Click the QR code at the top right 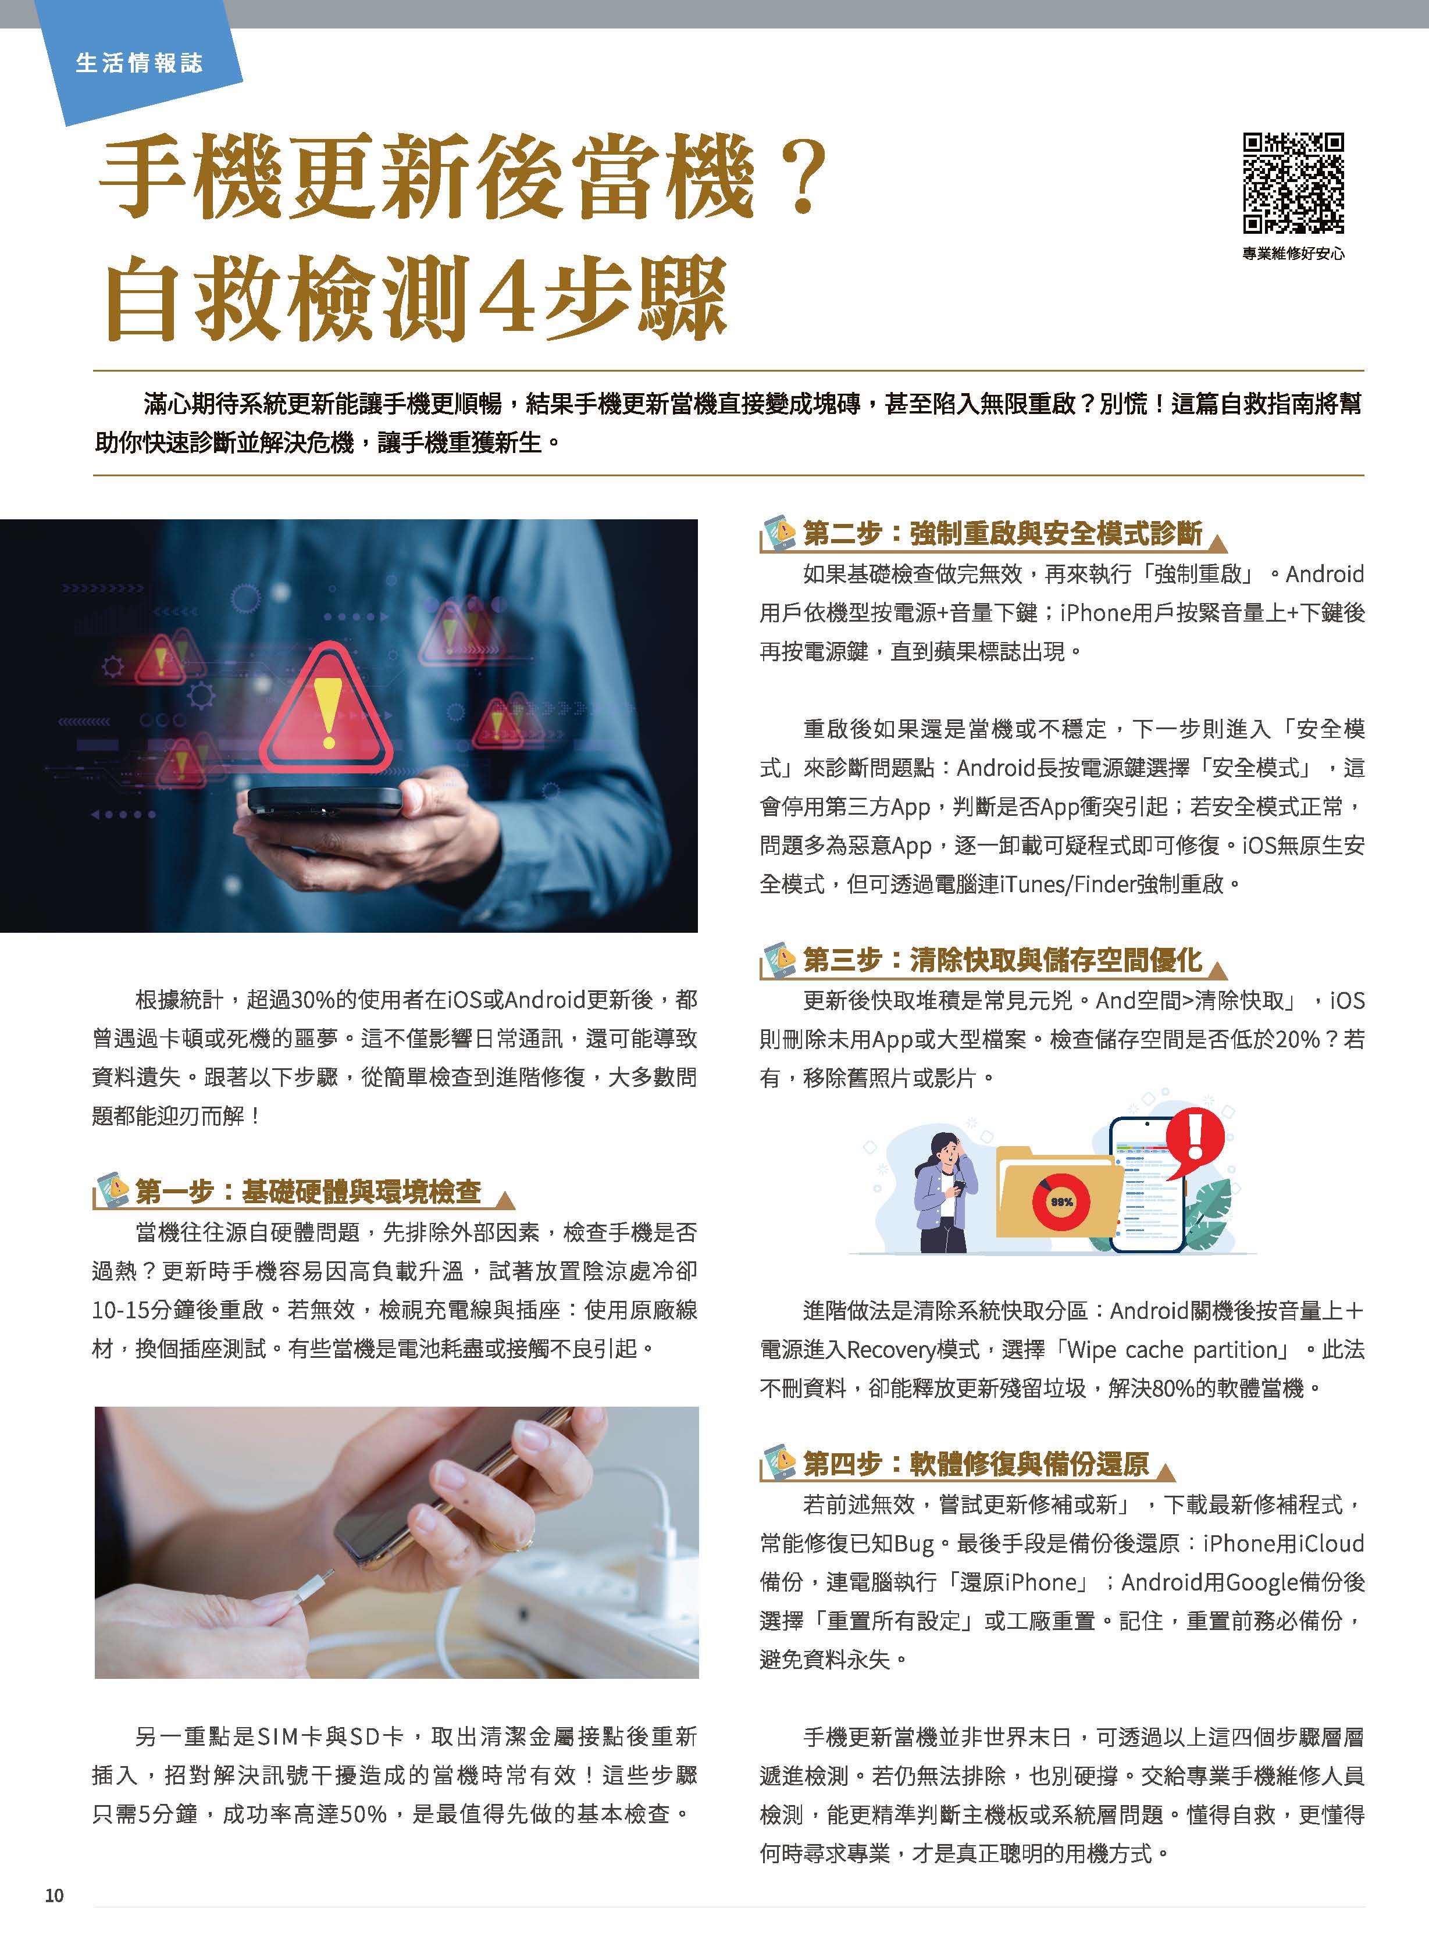coord(1293,183)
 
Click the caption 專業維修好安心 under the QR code coord(1293,254)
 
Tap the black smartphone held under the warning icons coord(325,803)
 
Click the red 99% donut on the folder coord(1061,1202)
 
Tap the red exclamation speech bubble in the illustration coord(1195,1137)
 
